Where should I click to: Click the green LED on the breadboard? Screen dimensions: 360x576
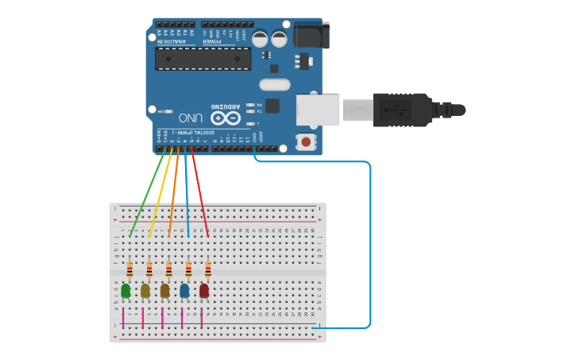coord(126,291)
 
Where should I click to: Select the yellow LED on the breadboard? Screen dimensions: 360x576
coord(145,291)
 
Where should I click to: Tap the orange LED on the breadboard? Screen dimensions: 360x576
coord(164,291)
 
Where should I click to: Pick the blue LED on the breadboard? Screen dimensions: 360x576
coord(184,291)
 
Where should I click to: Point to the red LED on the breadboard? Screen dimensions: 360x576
coord(204,291)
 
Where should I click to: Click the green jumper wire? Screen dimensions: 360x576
coord(148,195)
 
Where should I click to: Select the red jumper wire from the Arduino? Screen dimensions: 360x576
coord(199,195)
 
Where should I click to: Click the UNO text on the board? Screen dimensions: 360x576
coord(190,118)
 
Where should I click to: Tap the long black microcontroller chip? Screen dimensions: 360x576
coord(203,58)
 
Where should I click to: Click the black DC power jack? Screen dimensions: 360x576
coord(311,35)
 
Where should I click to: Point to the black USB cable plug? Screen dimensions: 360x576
coord(402,110)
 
